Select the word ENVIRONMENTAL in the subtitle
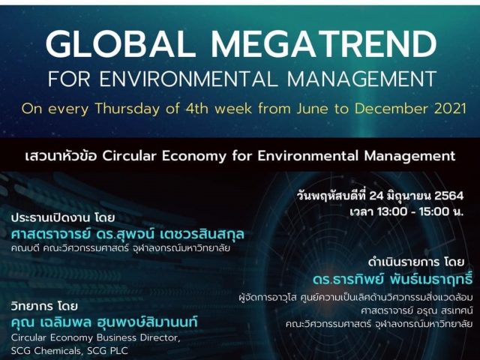click(188, 79)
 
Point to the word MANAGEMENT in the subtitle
click(361, 79)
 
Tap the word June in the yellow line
click(312, 109)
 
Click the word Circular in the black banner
click(130, 156)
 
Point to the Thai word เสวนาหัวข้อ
click(61, 156)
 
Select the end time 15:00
click(434, 211)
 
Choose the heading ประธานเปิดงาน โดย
click(63, 218)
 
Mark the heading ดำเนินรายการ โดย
click(417, 262)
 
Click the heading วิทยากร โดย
click(44, 306)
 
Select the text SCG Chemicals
click(45, 350)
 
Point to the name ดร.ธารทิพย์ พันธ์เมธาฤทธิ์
click(393, 279)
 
